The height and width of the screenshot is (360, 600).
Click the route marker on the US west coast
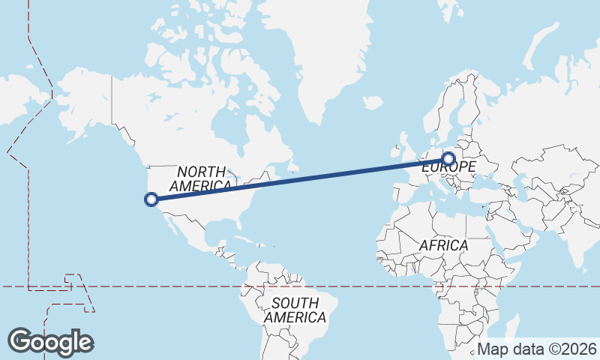[151, 199]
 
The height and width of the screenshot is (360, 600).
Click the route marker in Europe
[448, 159]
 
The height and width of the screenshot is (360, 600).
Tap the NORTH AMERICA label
[201, 178]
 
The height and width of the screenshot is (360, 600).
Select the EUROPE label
[448, 167]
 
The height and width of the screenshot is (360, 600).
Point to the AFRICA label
[443, 245]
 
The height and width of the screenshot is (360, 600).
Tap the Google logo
[50, 341]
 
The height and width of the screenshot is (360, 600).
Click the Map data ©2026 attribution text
[537, 349]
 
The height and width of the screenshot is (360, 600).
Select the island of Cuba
[243, 241]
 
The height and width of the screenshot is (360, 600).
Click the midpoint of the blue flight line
[300, 178]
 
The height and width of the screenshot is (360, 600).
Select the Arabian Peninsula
[517, 225]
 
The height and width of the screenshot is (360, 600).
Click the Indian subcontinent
[578, 240]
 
